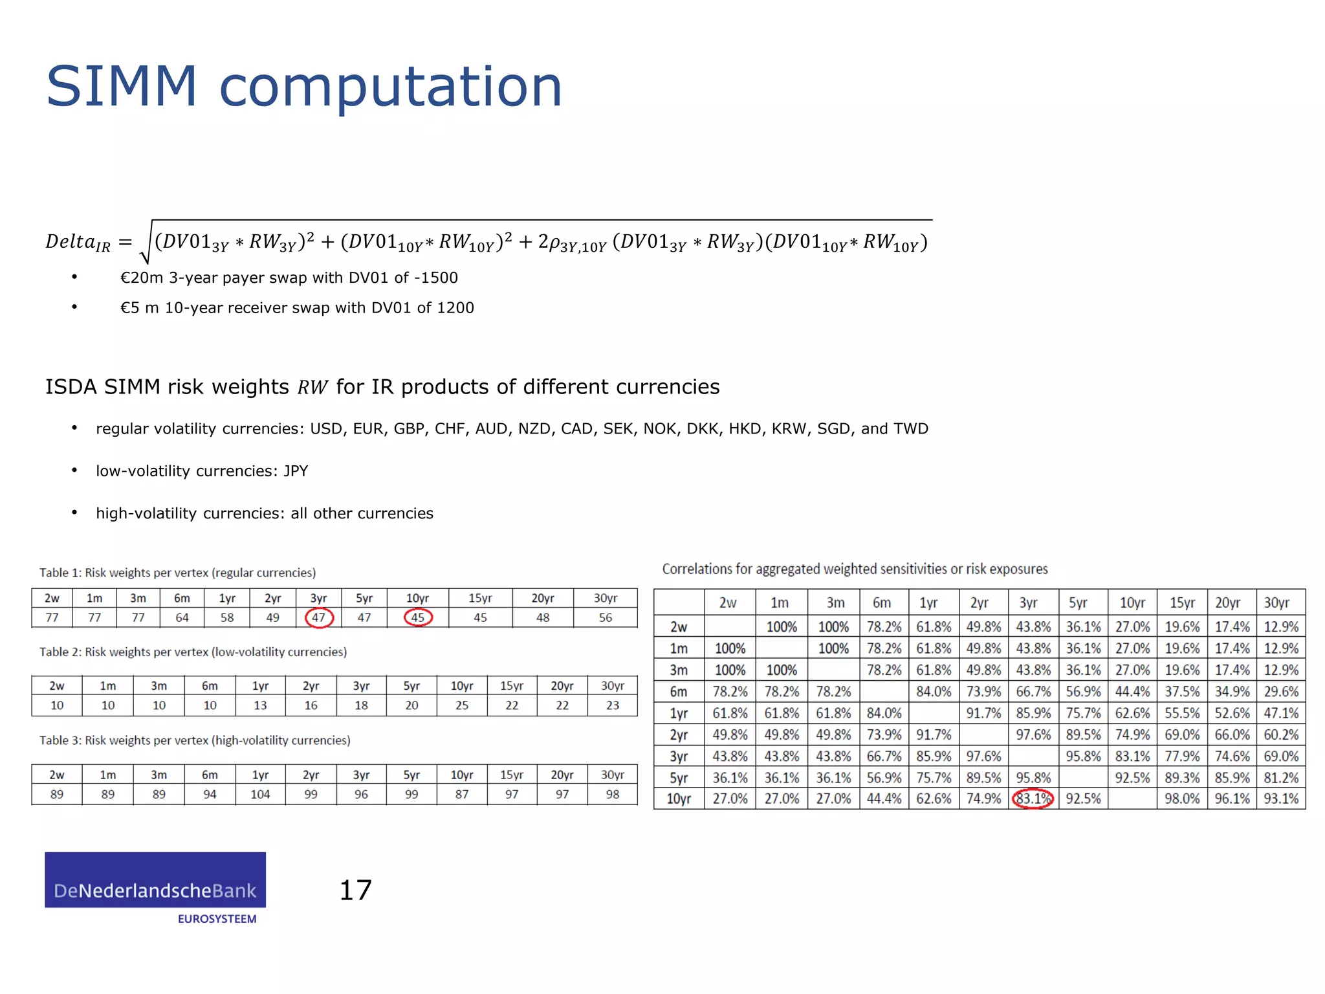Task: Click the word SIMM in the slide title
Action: point(122,87)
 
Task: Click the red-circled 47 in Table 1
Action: point(319,617)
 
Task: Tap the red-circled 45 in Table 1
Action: point(418,617)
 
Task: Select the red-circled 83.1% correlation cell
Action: point(1033,799)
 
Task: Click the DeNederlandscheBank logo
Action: point(155,880)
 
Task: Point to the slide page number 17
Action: point(355,890)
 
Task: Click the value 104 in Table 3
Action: point(260,794)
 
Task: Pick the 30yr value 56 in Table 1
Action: point(605,617)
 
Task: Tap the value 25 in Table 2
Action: point(461,705)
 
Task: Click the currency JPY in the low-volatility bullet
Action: point(296,471)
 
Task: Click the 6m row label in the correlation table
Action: point(678,691)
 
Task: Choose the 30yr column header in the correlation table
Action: point(1276,603)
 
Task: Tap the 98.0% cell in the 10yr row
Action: point(1182,799)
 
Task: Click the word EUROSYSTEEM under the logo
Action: point(217,919)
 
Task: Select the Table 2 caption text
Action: point(193,652)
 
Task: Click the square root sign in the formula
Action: point(146,243)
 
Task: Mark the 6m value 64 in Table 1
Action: point(182,617)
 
